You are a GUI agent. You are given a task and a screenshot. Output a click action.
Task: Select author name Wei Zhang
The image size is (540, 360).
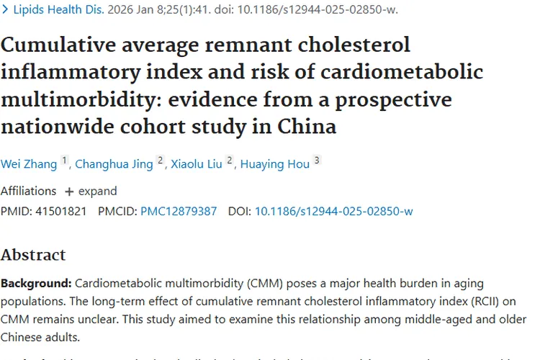pyautogui.click(x=29, y=164)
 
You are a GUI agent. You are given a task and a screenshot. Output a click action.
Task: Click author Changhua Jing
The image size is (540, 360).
pyautogui.click(x=113, y=164)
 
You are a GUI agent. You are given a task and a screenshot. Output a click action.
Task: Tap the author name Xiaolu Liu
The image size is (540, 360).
pyautogui.click(x=196, y=164)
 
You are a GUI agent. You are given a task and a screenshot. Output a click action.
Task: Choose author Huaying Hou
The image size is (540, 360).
pyautogui.click(x=275, y=164)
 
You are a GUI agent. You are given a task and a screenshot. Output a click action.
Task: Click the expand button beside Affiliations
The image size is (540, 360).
pyautogui.click(x=91, y=192)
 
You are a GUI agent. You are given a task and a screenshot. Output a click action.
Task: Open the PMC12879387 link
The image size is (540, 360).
pyautogui.click(x=179, y=211)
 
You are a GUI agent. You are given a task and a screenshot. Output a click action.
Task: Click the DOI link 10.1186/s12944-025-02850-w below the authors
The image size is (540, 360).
pyautogui.click(x=333, y=211)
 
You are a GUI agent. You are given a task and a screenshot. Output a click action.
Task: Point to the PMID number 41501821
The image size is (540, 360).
pyautogui.click(x=61, y=211)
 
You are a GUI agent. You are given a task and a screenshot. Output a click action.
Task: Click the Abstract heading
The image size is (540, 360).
pyautogui.click(x=33, y=255)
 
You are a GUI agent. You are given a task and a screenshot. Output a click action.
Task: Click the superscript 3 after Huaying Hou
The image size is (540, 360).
pyautogui.click(x=317, y=161)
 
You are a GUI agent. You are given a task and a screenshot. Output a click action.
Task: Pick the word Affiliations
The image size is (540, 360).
pyautogui.click(x=28, y=192)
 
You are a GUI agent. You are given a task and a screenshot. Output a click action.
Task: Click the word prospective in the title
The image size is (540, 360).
pyautogui.click(x=392, y=99)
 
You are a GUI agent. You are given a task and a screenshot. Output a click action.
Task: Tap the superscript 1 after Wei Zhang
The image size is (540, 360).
pyautogui.click(x=64, y=161)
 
